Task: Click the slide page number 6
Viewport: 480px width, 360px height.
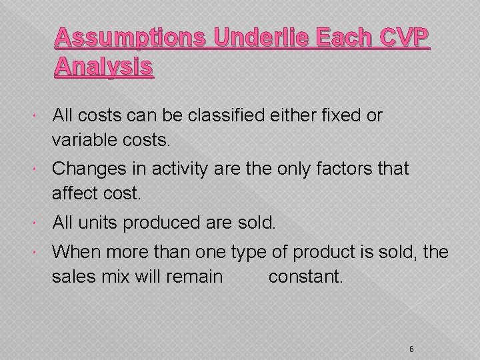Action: (412, 331)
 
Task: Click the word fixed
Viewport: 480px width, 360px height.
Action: (337, 115)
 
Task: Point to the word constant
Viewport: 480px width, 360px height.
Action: (305, 276)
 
